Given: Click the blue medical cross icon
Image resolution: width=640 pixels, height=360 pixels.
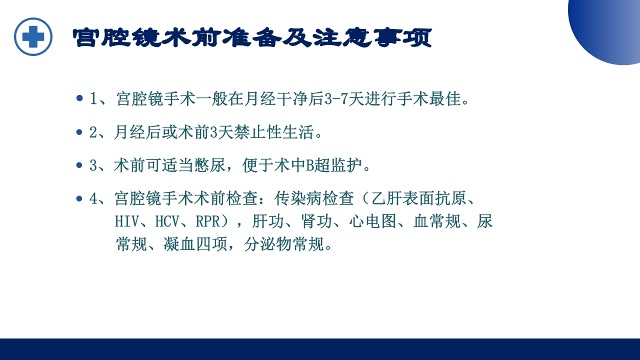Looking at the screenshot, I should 33,36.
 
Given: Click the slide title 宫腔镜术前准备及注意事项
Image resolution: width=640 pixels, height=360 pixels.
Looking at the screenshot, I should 252,38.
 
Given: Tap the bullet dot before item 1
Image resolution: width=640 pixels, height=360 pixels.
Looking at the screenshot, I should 79,98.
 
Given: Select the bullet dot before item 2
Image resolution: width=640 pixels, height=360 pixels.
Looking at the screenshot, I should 79,132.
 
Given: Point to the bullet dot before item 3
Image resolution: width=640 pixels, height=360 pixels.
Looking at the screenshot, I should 79,165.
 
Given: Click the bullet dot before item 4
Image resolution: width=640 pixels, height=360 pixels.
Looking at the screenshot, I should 79,198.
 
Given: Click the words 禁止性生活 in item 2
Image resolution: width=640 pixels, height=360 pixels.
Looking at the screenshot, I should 266,132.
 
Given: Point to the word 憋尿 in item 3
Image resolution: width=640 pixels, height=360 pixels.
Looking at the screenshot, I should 206,165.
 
